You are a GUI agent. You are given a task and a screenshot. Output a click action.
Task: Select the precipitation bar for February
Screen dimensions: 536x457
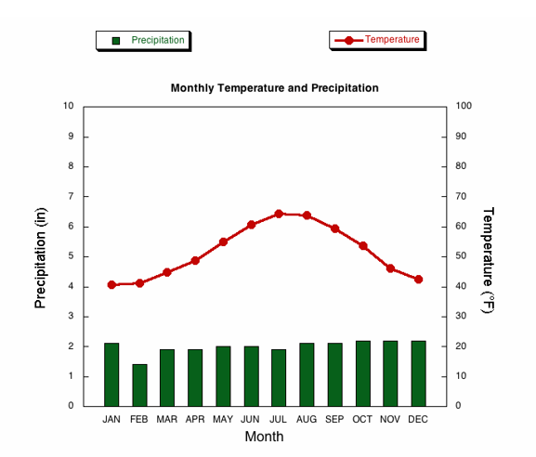coord(140,385)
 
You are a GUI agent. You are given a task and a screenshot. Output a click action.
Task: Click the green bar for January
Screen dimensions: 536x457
coord(111,374)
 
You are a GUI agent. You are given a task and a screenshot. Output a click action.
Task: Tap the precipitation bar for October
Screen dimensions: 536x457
coord(363,373)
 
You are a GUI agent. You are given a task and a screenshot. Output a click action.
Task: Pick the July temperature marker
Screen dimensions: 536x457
coord(279,214)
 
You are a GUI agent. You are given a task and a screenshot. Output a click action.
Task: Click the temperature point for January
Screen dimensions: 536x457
coord(111,285)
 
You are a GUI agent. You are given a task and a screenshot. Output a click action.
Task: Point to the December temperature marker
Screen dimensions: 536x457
coord(418,280)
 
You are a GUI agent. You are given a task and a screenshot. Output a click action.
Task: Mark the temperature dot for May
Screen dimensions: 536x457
coord(223,242)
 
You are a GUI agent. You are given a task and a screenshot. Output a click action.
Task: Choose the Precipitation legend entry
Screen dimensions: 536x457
coord(143,41)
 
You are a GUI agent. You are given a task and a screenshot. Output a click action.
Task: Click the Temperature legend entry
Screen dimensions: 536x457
coord(377,40)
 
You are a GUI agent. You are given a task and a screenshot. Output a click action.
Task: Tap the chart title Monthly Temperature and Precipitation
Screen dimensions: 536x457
coord(274,88)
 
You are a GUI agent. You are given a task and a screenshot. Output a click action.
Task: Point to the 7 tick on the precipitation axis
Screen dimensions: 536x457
coord(71,196)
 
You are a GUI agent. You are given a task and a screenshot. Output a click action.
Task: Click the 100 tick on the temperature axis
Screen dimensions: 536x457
coord(464,106)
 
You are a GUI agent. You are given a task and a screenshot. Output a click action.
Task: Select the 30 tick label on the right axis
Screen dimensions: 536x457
coord(461,316)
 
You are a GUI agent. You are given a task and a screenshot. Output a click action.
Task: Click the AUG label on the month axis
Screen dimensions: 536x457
coord(307,420)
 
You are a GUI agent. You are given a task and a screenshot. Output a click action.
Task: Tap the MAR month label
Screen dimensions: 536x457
coord(167,420)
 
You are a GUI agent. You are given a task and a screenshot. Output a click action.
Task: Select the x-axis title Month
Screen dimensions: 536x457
coord(264,437)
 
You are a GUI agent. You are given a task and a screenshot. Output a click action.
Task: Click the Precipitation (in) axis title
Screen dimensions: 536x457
coord(41,258)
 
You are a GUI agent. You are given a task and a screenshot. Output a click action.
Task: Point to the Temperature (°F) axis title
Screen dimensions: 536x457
coord(488,260)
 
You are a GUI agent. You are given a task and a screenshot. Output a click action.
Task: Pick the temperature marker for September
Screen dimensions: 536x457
coord(335,228)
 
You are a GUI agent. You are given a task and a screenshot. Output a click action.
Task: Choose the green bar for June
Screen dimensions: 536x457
coord(251,376)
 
